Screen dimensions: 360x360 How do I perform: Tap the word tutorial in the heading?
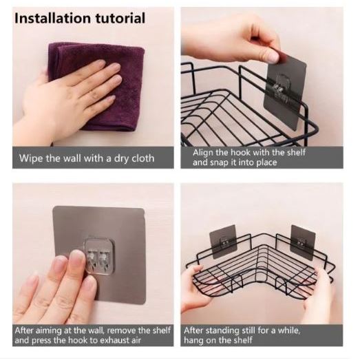tap(120, 18)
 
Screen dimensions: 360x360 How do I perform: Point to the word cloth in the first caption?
tap(142, 158)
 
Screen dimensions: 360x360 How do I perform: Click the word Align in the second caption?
tap(202, 153)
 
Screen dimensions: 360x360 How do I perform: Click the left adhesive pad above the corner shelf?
tap(223, 242)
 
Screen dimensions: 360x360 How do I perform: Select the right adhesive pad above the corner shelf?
tap(303, 242)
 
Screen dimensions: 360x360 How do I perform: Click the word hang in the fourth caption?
tap(193, 341)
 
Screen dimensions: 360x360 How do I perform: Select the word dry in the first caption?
tap(122, 158)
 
